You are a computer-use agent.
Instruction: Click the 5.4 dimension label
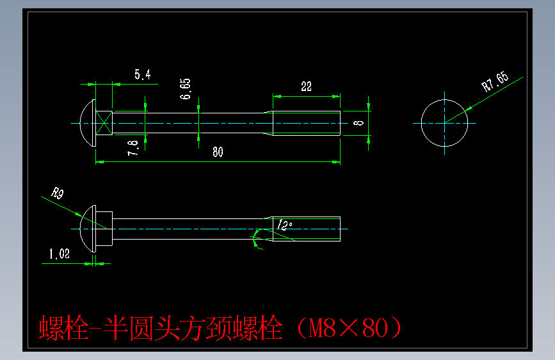click(x=142, y=75)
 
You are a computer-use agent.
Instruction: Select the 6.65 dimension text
click(x=185, y=88)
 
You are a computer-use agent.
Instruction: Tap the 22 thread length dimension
click(x=306, y=86)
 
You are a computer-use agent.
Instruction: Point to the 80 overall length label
click(x=218, y=152)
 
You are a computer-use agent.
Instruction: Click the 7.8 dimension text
click(x=133, y=148)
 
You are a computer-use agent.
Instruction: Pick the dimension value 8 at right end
click(x=359, y=122)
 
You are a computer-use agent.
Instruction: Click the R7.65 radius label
click(x=494, y=83)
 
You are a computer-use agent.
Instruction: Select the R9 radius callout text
click(x=58, y=193)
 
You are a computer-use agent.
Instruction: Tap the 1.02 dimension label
click(x=58, y=254)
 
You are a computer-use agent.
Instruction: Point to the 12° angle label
click(x=285, y=225)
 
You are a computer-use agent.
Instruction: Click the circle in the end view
click(x=444, y=122)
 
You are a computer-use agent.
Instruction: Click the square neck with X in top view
click(x=104, y=122)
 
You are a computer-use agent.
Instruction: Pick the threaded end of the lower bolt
click(x=307, y=229)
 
